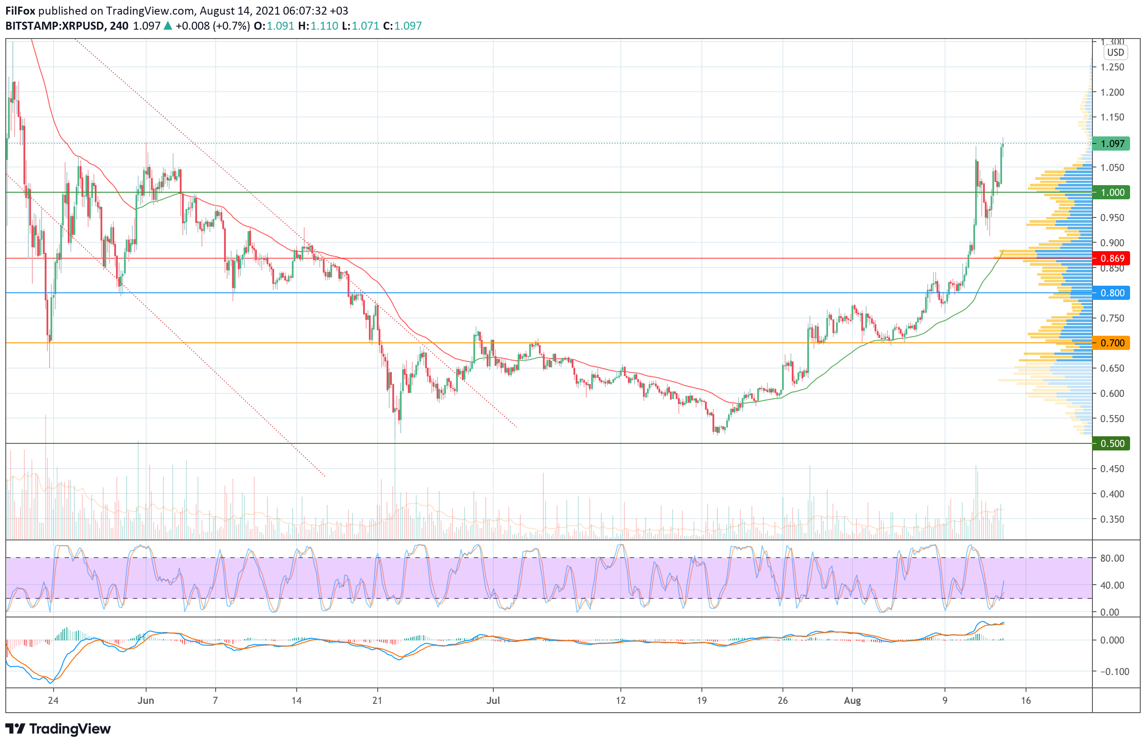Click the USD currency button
pyautogui.click(x=1115, y=53)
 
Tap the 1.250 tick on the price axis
pyautogui.click(x=1112, y=67)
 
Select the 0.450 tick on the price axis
pyautogui.click(x=1112, y=469)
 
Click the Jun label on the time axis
pyautogui.click(x=145, y=701)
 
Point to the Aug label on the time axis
pyautogui.click(x=852, y=701)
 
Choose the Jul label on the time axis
pyautogui.click(x=493, y=701)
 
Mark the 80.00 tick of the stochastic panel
pyautogui.click(x=1112, y=558)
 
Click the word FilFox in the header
pyautogui.click(x=20, y=11)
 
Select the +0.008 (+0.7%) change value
pyautogui.click(x=213, y=26)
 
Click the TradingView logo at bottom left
pyautogui.click(x=58, y=729)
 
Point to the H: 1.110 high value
pyautogui.click(x=318, y=26)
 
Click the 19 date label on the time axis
pyautogui.click(x=701, y=701)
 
